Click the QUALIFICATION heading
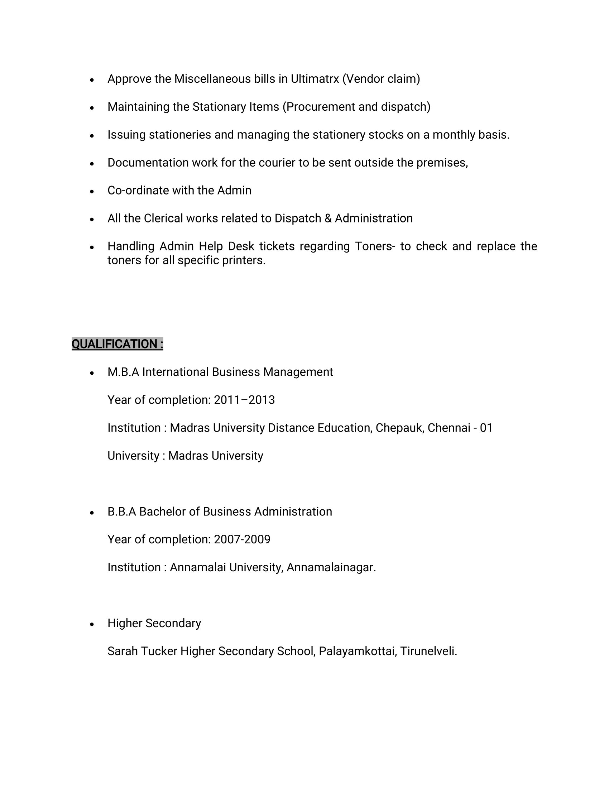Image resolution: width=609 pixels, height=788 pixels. tap(117, 344)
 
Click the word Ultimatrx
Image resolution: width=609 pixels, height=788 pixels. tap(315, 79)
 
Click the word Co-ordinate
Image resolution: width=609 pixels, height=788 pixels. tap(138, 191)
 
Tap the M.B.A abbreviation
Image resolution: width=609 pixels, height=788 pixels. tap(123, 372)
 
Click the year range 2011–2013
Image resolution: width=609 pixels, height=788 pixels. tap(244, 400)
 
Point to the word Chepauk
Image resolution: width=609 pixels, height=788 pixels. tap(400, 428)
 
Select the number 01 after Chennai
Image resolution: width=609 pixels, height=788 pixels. tap(486, 428)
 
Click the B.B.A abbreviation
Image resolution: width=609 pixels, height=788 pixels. tap(121, 511)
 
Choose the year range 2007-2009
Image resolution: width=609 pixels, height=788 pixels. tap(242, 539)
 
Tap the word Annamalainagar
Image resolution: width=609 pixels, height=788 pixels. tap(331, 568)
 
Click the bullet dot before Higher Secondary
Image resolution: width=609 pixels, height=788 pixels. tap(92, 624)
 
